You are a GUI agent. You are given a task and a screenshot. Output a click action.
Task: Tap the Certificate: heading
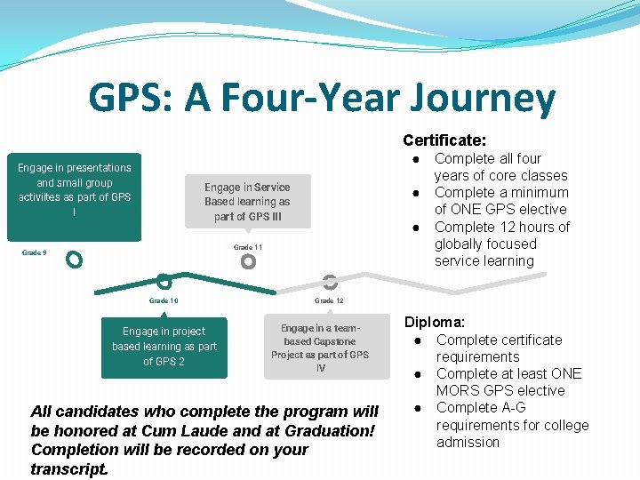444,140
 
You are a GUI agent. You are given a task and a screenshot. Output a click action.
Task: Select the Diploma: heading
436,323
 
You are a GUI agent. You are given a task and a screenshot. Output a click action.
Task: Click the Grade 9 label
34,253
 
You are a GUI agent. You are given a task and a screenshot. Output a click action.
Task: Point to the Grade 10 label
164,301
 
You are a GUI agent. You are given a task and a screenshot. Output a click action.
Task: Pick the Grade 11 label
248,247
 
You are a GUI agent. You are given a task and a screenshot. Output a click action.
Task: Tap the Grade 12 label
329,301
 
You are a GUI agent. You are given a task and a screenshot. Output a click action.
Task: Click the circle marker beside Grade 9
75,260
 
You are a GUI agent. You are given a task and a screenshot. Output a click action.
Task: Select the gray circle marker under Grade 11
248,261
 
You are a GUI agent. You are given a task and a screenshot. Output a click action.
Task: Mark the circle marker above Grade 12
330,282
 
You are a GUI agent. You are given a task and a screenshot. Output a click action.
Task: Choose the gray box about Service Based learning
247,201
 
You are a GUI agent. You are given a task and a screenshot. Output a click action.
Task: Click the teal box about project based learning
164,347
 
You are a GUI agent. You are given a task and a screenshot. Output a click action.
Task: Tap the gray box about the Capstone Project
320,348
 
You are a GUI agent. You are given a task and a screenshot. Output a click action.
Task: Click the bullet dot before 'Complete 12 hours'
415,228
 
